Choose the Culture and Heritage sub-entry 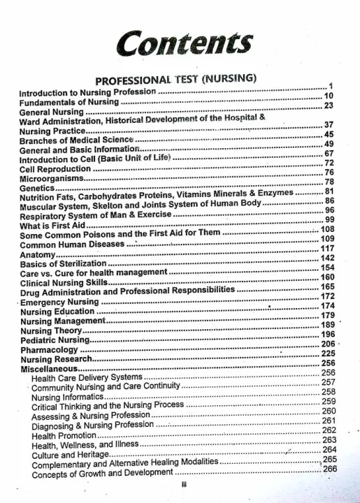click(69, 455)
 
